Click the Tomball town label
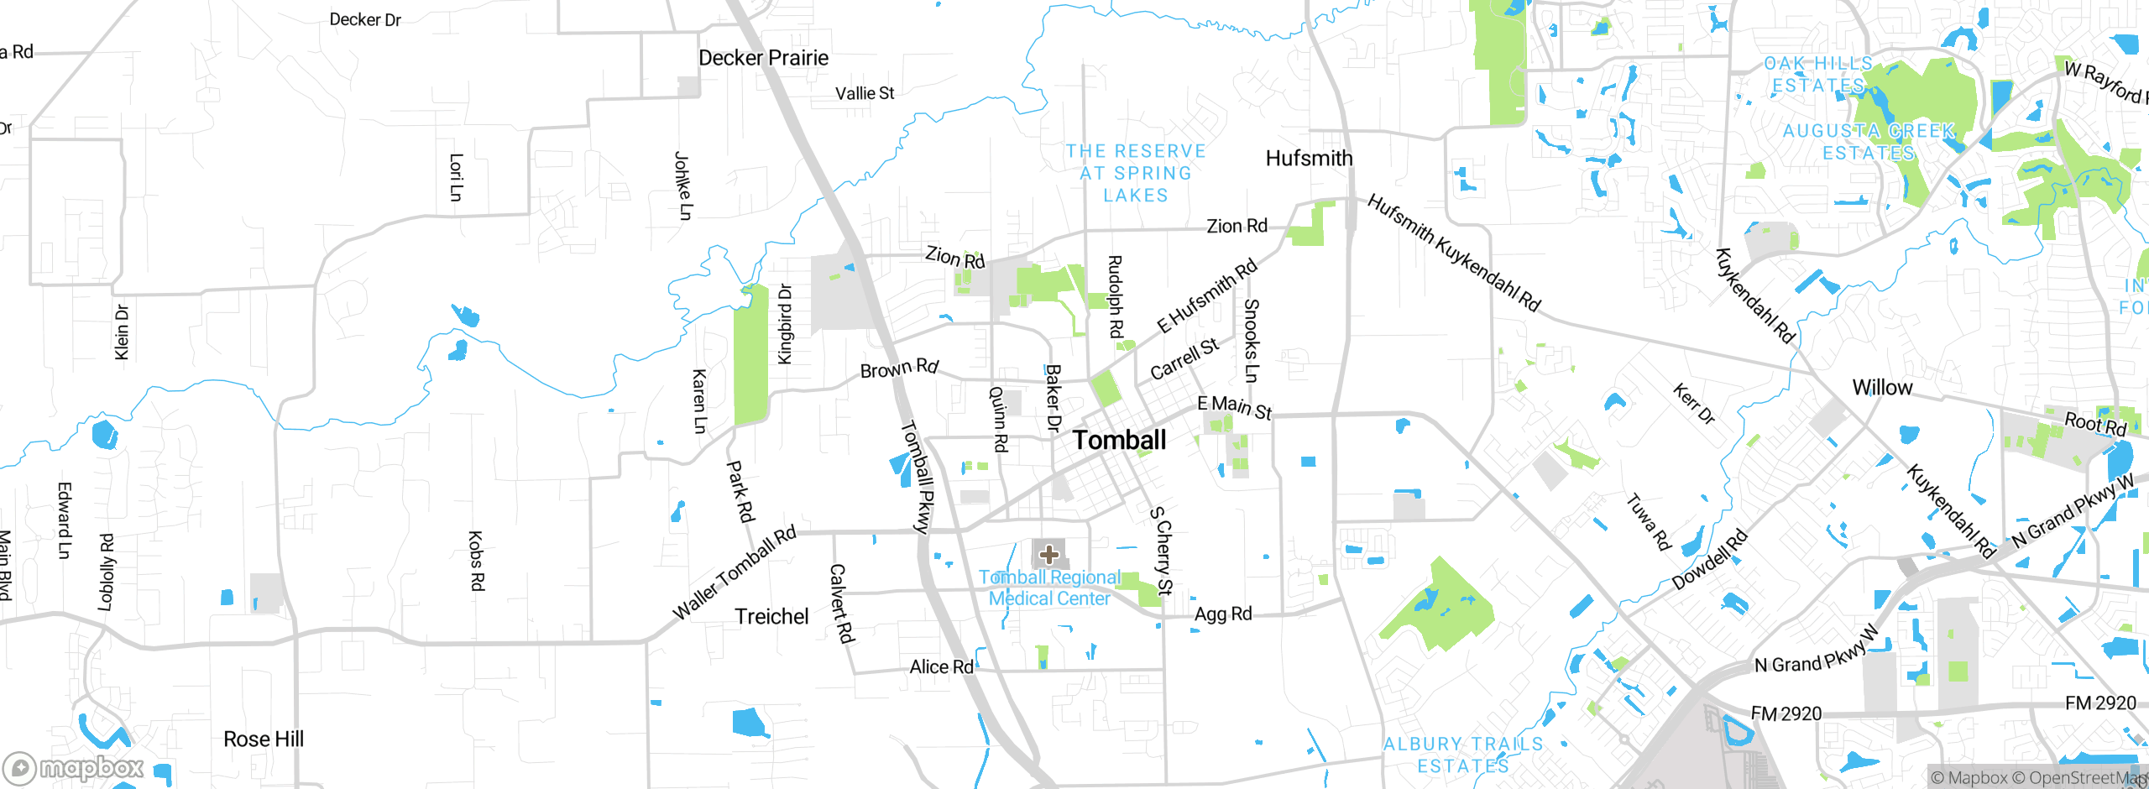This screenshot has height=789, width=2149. (1119, 440)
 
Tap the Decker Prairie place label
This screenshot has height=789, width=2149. (763, 58)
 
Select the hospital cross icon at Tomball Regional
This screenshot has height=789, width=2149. (1048, 554)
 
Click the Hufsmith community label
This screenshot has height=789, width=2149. (1309, 158)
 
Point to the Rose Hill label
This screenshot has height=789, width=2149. (264, 739)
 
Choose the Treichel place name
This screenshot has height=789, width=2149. (771, 616)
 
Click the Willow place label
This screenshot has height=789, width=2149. (1882, 388)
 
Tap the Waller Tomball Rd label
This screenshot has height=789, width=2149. (735, 573)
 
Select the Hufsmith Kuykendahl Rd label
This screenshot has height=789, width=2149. (1454, 253)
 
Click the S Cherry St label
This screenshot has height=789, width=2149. (1161, 551)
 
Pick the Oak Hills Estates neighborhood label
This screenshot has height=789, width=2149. (1818, 75)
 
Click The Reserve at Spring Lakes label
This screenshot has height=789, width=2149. (1136, 173)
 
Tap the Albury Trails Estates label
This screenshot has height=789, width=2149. (1463, 755)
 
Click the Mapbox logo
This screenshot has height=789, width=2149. (74, 767)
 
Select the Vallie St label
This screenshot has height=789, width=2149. (865, 93)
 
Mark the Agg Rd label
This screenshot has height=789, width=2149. (1223, 614)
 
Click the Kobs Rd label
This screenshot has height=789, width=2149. (476, 561)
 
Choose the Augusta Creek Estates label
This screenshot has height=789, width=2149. (1869, 142)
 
